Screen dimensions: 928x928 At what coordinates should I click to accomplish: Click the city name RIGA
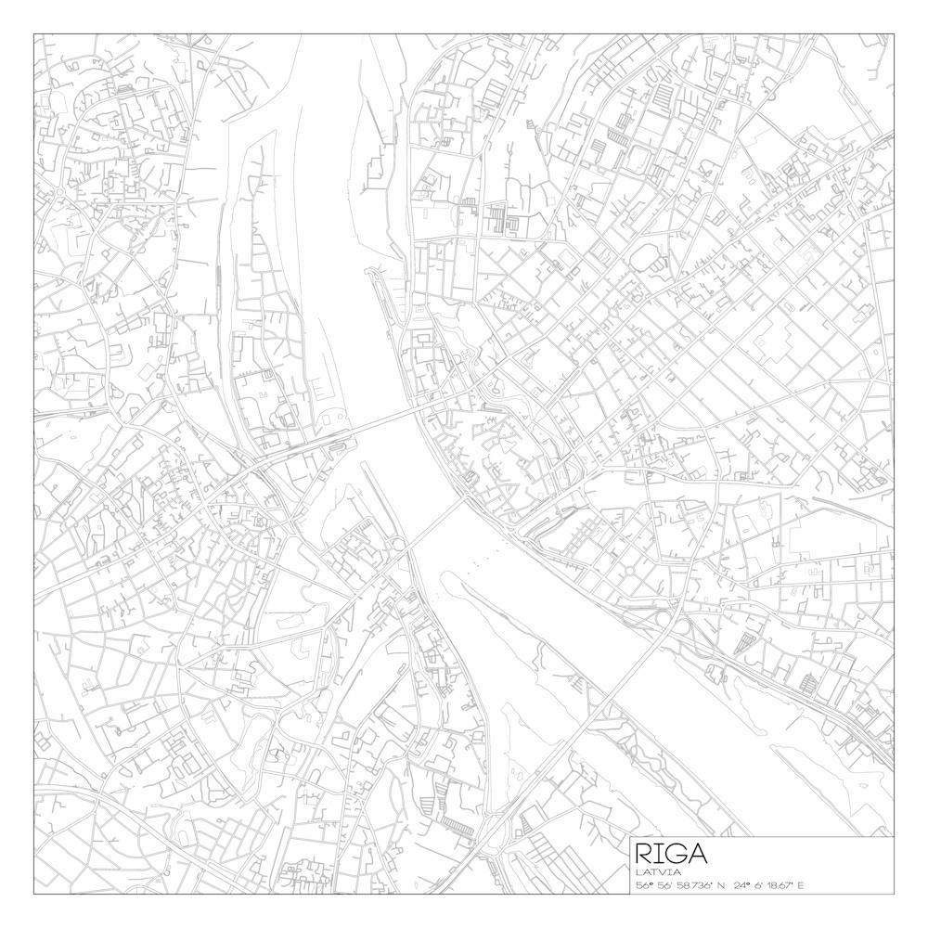coord(672,854)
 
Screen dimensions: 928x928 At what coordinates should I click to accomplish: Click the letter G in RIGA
coord(676,854)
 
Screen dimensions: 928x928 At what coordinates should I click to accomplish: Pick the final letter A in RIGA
coord(697,854)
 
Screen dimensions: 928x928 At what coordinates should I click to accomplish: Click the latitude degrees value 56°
coord(643,885)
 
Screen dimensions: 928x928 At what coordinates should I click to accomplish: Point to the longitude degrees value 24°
coord(741,885)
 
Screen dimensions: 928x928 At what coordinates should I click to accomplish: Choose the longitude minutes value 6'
coord(758,885)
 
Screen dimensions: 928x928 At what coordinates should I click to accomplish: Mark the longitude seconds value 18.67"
coord(780,885)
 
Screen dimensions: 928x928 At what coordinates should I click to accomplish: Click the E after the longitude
coord(800,885)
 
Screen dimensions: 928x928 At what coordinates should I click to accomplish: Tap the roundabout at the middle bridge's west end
coord(398,544)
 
